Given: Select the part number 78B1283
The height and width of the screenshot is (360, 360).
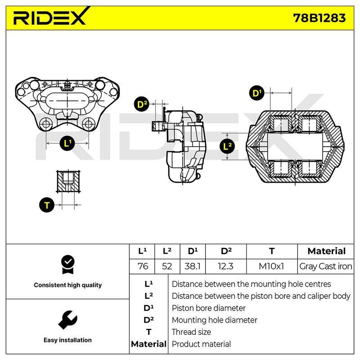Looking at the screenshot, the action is point(319,18).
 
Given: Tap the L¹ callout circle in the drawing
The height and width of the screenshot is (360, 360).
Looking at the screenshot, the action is point(67,143).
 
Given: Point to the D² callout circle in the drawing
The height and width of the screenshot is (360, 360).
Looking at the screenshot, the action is point(142,104).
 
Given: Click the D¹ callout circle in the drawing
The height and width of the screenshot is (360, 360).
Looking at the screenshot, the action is point(256,93).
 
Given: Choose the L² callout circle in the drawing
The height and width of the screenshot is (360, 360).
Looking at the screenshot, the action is point(227,146).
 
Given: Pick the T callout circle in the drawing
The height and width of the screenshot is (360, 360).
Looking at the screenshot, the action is point(47,205).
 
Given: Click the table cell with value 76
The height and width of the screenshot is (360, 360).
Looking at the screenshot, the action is point(143,266).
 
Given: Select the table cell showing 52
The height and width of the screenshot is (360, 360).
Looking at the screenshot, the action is point(167,266).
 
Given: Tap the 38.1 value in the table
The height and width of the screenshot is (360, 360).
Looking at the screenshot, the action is point(193,266).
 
